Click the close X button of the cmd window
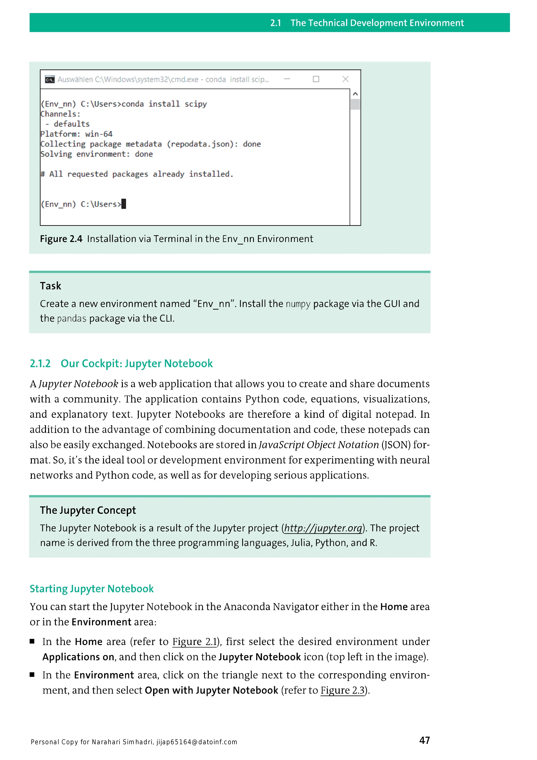point(346,79)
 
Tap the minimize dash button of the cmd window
point(287,79)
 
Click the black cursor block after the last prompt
point(124,204)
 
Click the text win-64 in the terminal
point(99,134)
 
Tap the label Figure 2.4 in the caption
point(61,239)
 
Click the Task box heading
point(51,286)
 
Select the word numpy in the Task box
point(298,304)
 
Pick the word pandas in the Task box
point(72,319)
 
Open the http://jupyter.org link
point(323,528)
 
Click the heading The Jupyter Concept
point(88,510)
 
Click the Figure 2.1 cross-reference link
point(194,642)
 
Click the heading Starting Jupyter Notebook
point(92,589)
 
